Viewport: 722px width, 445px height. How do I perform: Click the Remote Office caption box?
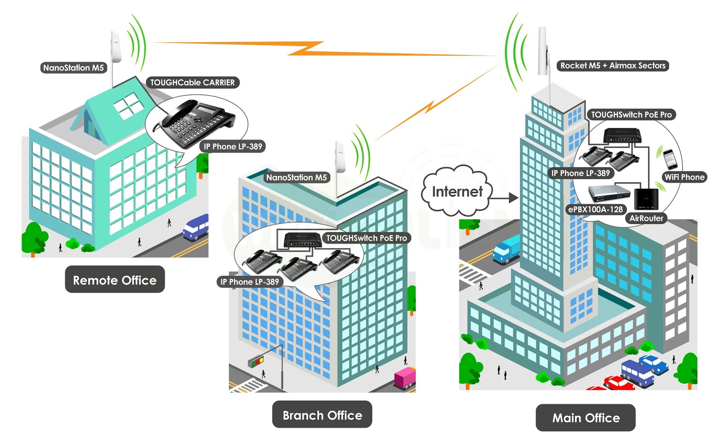coord(115,280)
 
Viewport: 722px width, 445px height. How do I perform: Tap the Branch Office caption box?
coord(322,415)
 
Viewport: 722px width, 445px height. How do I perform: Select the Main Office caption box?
coord(586,417)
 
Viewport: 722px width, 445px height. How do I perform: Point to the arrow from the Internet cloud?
coord(505,198)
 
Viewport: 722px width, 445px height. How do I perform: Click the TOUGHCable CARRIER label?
coord(192,83)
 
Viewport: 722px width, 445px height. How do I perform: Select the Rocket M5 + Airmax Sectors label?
coord(613,65)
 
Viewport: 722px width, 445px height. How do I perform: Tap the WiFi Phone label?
coord(684,177)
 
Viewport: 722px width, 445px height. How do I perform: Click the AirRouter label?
coord(646,218)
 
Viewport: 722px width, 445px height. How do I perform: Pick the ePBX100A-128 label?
coord(595,209)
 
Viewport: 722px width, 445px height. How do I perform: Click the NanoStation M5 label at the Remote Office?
coord(74,68)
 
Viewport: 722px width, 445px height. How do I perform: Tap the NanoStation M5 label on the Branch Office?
coord(296,177)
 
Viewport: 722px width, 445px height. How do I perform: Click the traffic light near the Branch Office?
coord(256,361)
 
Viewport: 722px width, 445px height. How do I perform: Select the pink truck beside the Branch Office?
coord(405,378)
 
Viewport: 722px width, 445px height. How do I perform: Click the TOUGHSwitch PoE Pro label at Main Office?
coord(631,115)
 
